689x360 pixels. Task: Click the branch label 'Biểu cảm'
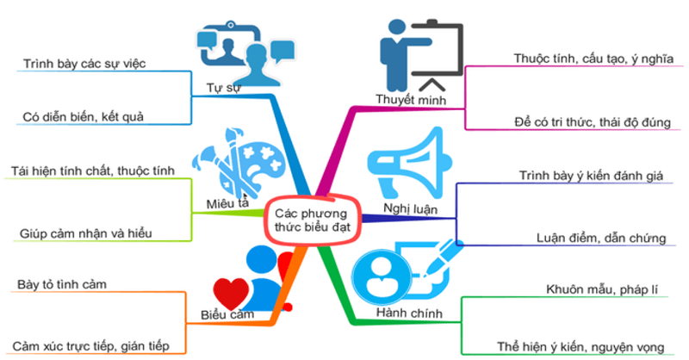227,314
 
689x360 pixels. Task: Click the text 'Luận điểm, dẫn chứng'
600,237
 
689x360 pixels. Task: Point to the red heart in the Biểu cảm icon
230,289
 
